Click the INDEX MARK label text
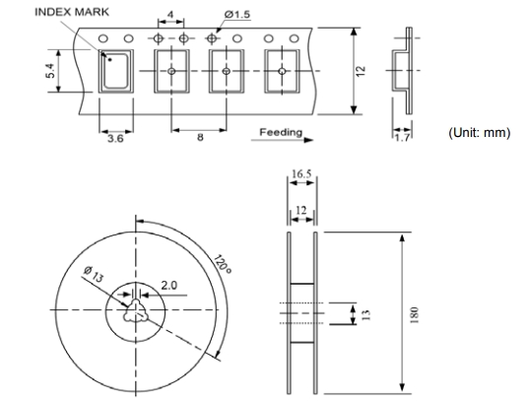coord(72,12)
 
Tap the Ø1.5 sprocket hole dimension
coord(237,15)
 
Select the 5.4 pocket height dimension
coord(50,71)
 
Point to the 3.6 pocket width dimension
coord(115,138)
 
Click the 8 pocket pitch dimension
coord(200,137)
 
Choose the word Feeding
coord(281,132)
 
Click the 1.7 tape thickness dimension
coord(402,138)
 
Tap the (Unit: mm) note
coord(479,133)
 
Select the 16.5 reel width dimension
coord(301,173)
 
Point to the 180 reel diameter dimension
coord(415,315)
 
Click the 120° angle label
coord(223,265)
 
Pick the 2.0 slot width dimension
coord(168,286)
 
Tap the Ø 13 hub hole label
coord(94,274)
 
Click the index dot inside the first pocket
coord(109,60)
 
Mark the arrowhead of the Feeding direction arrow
coord(308,140)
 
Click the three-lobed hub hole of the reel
coord(135,310)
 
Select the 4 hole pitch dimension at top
coord(170,15)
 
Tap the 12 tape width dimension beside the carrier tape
coord(361,71)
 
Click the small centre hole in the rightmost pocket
coord(282,71)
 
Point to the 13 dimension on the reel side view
coord(366,315)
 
